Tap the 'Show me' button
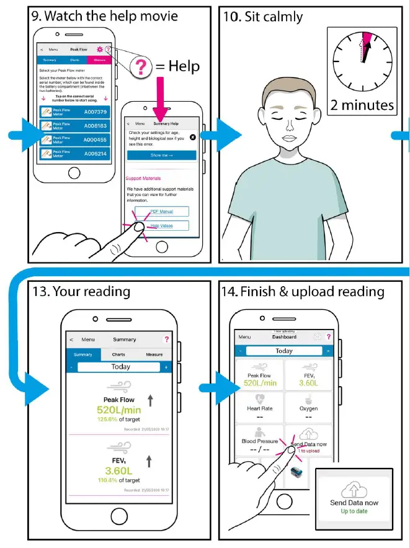click(x=161, y=155)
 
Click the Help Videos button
click(x=161, y=226)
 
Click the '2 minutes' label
click(x=362, y=105)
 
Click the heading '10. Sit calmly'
click(x=263, y=17)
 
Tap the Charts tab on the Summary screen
click(x=118, y=355)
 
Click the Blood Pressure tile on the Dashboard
click(x=260, y=441)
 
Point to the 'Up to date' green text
click(x=354, y=511)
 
